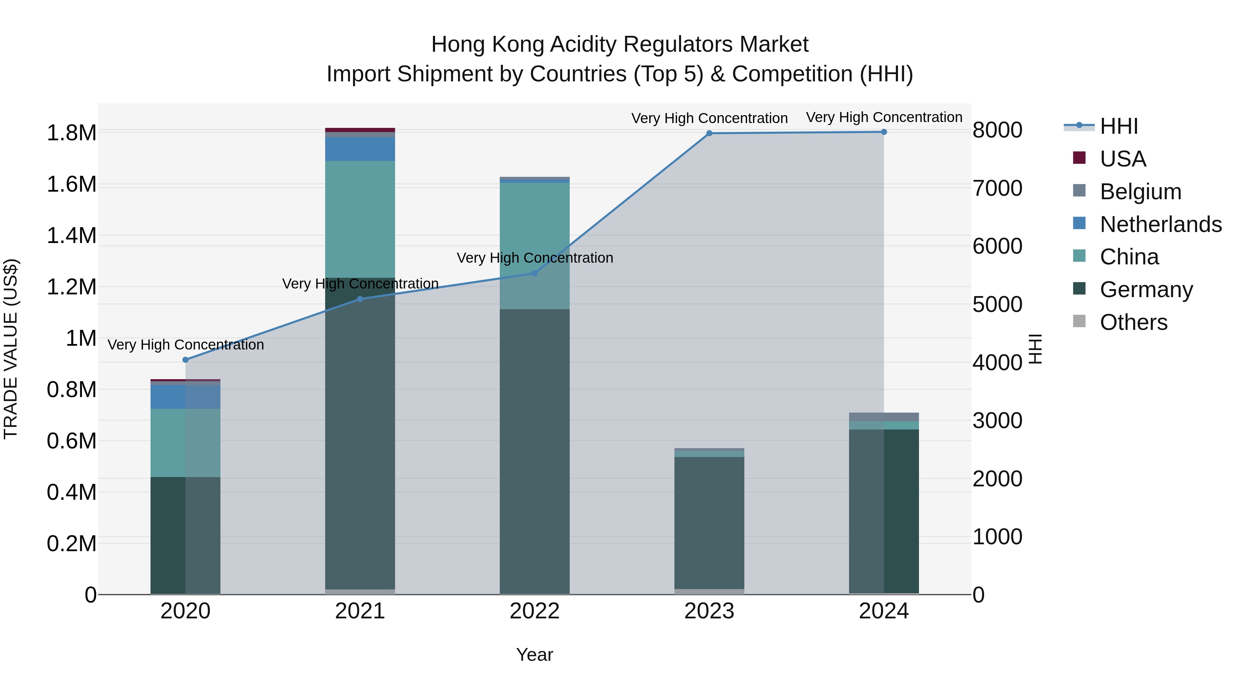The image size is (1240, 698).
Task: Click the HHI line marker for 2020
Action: click(185, 360)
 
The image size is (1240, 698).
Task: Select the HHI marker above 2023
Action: click(709, 133)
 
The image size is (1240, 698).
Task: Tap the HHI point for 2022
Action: click(534, 273)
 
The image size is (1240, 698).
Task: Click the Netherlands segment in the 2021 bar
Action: click(360, 149)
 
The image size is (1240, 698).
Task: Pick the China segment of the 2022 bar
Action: click(534, 231)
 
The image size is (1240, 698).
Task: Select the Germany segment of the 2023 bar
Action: click(709, 523)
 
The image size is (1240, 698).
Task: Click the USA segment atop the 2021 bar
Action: click(360, 130)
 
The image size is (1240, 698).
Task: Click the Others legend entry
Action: click(1133, 322)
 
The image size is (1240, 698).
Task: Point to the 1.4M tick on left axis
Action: click(71, 236)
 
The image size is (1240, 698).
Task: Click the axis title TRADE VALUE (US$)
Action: click(11, 349)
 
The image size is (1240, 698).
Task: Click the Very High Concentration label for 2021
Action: click(360, 284)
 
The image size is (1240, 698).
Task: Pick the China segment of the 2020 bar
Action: click(185, 443)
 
